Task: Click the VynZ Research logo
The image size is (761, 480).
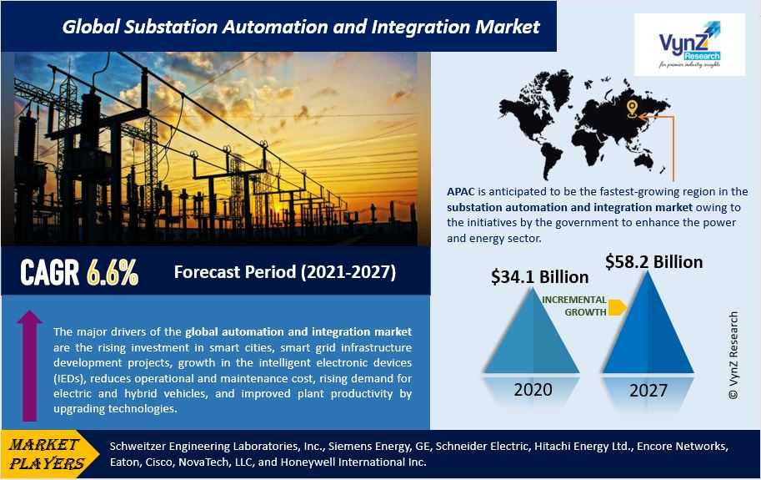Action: coord(689,44)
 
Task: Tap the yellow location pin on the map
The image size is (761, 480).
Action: coord(632,109)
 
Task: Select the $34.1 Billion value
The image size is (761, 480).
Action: coord(539,277)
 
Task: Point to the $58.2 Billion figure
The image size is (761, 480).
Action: coord(653,262)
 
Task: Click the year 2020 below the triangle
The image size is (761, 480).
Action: coord(533,390)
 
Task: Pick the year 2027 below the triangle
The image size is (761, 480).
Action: coord(648,390)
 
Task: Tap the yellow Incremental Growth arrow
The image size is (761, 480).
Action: coord(617,307)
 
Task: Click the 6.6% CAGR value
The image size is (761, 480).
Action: coord(113,272)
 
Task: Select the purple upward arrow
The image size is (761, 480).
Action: coord(30,366)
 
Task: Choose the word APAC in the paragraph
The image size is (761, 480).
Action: coord(461,192)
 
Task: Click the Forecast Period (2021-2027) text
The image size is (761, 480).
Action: coord(285,272)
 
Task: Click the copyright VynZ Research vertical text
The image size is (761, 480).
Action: coord(733,356)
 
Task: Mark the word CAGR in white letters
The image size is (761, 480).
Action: coord(49,272)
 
